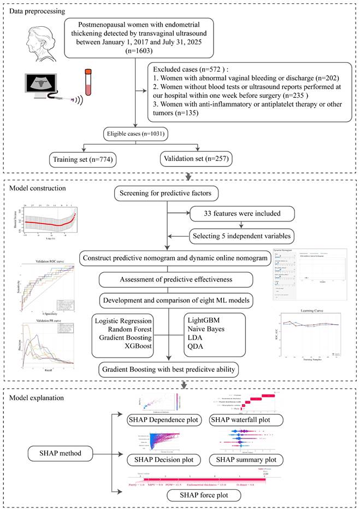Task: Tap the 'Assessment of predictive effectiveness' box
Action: (x=176, y=279)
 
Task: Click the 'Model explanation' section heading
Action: (x=36, y=396)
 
